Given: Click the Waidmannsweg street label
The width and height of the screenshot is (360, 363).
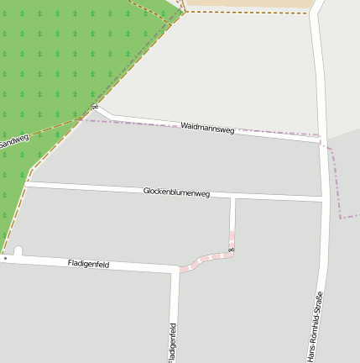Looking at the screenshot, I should (x=207, y=128).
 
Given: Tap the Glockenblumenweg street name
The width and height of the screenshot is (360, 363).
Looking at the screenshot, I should (x=175, y=192).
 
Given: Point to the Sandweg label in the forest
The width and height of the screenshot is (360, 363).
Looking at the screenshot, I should (x=14, y=142).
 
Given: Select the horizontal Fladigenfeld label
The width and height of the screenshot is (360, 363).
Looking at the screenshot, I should (x=88, y=264).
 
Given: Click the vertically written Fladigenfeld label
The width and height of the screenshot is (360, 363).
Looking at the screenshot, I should (x=172, y=341).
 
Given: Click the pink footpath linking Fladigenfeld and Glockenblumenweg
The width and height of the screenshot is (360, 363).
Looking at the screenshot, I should (x=206, y=259).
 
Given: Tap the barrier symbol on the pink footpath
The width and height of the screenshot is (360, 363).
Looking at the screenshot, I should (x=232, y=250).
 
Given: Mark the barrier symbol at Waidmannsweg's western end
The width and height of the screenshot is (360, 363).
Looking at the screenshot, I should (x=96, y=107).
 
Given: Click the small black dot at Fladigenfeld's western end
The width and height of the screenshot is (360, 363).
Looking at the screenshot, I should (x=4, y=259).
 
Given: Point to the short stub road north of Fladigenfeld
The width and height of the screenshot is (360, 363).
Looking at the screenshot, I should (x=18, y=251).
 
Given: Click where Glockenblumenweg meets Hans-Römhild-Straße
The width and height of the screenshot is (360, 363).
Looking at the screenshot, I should (x=323, y=200).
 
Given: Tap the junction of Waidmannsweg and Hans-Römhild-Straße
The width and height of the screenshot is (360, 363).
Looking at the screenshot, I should (x=321, y=141).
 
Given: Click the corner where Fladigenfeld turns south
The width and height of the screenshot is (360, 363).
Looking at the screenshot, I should (x=175, y=271).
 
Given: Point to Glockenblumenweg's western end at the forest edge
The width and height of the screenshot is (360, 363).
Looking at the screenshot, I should (x=28, y=182).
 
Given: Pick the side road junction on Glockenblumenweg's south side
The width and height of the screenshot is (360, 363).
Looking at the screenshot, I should (x=232, y=198).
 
